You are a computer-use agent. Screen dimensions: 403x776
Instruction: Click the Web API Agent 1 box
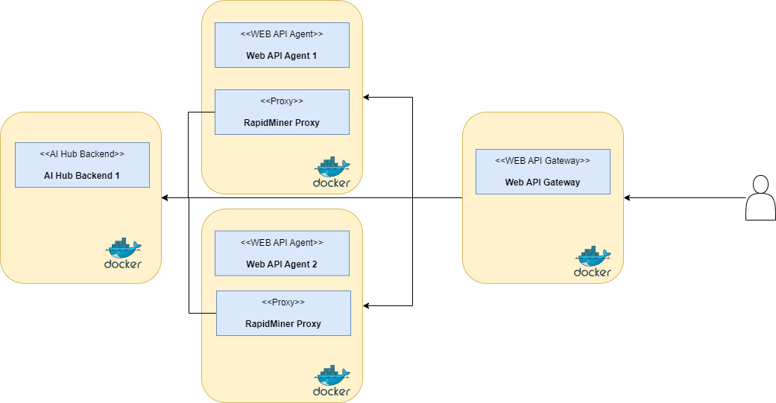[282, 45]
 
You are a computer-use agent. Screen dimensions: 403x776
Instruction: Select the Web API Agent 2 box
[282, 253]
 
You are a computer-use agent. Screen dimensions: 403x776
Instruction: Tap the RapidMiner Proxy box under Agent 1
[282, 112]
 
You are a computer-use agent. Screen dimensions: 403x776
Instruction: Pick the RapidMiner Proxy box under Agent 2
[283, 313]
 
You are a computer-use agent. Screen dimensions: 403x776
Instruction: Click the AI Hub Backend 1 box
[82, 165]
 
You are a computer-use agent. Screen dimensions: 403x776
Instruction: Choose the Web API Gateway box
[543, 171]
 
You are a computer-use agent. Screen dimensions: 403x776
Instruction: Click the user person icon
[760, 198]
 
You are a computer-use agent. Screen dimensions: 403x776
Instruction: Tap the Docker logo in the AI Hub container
[123, 253]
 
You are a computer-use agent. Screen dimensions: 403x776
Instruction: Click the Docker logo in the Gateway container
[593, 261]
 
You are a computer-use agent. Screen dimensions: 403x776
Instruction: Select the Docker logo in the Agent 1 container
[332, 172]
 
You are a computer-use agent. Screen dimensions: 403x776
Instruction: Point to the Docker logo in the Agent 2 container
[332, 381]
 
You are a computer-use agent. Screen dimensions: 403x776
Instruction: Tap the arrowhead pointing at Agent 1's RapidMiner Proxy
[367, 97]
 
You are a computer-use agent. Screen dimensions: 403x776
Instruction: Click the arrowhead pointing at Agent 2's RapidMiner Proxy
[367, 305]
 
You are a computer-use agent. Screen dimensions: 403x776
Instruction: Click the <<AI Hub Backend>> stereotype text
[82, 154]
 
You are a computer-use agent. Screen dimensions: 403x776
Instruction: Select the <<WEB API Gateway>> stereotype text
[543, 160]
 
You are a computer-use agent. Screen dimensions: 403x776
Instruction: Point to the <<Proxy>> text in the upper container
[282, 101]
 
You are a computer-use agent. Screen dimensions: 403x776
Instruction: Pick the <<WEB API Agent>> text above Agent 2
[282, 242]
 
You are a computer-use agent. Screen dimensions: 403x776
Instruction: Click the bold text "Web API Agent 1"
[282, 55]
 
